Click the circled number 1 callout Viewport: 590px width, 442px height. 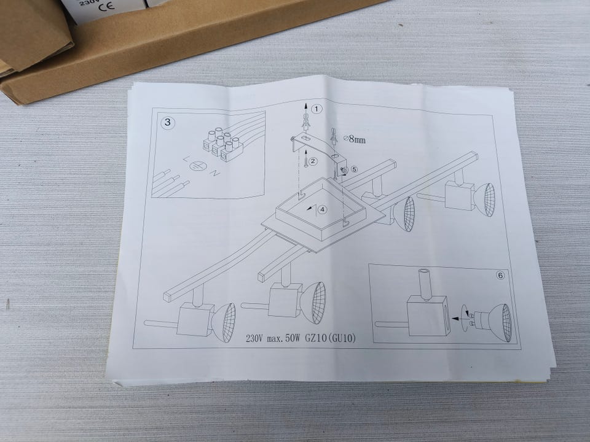pyautogui.click(x=317, y=109)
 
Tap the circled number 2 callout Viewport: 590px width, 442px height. pyautogui.click(x=313, y=161)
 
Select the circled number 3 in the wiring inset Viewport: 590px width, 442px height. pyautogui.click(x=168, y=122)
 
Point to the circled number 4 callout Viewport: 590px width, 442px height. pyautogui.click(x=323, y=209)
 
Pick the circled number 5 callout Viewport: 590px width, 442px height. pyautogui.click(x=354, y=169)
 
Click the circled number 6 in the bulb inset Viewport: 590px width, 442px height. pyautogui.click(x=500, y=276)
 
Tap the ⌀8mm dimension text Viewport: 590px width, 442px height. pyautogui.click(x=355, y=139)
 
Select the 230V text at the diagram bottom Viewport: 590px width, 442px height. pyautogui.click(x=254, y=339)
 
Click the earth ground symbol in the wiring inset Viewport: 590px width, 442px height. pyautogui.click(x=197, y=165)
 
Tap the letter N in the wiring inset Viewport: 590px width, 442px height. pyautogui.click(x=215, y=174)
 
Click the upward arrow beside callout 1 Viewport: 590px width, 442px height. pyautogui.click(x=306, y=112)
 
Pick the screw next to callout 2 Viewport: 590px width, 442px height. pyautogui.click(x=306, y=159)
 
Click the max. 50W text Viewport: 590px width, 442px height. pyautogui.click(x=283, y=339)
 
